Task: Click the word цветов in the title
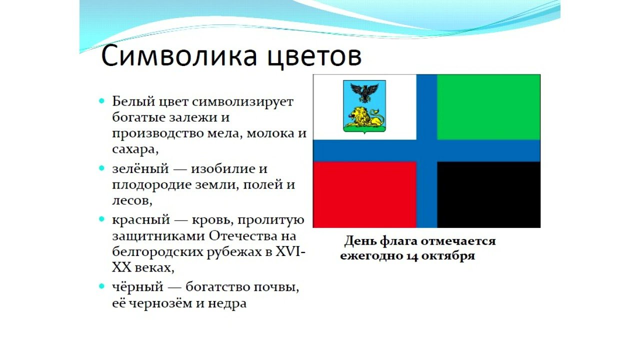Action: pyautogui.click(x=315, y=57)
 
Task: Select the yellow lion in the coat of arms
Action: pyautogui.click(x=364, y=117)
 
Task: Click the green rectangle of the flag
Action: pyautogui.click(x=488, y=107)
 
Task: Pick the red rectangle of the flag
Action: pyautogui.click(x=364, y=194)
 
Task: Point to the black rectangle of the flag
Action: pyautogui.click(x=488, y=194)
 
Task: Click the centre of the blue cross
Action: pyautogui.click(x=426, y=151)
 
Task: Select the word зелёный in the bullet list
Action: pyautogui.click(x=140, y=168)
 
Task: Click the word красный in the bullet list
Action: pyautogui.click(x=141, y=220)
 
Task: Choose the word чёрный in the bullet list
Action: pyautogui.click(x=137, y=286)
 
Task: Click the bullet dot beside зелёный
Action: pyautogui.click(x=101, y=168)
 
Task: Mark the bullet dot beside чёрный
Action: pyautogui.click(x=101, y=286)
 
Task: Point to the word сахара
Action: pyautogui.click(x=135, y=149)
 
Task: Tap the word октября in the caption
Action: pyautogui.click(x=448, y=255)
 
